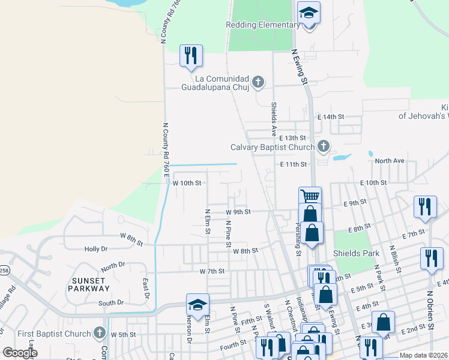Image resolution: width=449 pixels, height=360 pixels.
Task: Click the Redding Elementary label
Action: pos(262,25)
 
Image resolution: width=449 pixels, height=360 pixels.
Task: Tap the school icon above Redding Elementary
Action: pos(309,13)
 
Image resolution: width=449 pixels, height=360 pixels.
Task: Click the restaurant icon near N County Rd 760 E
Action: pos(191,56)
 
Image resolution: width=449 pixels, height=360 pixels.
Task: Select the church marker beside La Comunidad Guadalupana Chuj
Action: pos(258,82)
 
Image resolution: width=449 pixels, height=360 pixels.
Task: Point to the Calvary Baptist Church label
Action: pos(273,147)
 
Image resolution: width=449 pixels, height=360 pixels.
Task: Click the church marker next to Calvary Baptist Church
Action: pos(323,146)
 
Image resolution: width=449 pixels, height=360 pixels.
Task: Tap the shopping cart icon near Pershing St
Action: pos(310,196)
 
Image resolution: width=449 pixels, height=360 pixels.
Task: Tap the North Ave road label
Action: pos(390,161)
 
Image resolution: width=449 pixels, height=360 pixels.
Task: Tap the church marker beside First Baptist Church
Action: pos(100,334)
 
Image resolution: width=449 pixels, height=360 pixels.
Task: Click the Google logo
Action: pos(20,353)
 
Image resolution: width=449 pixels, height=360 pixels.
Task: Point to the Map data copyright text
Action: pos(424,355)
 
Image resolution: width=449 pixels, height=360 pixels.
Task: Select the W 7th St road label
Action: pos(212,271)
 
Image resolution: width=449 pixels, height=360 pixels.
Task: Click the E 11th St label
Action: pos(294,164)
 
